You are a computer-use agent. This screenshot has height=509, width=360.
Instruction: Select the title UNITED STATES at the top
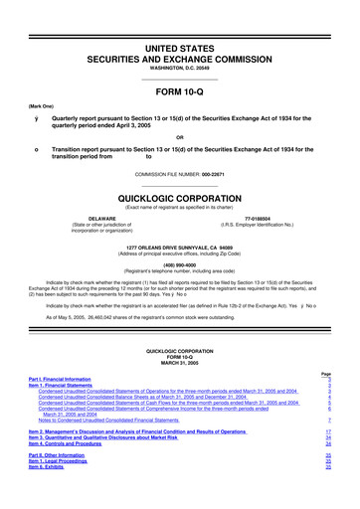coord(180,20)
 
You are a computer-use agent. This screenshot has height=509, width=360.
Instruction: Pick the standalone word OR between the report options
coord(180,136)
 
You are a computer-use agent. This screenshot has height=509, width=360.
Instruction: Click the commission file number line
coord(180,174)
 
